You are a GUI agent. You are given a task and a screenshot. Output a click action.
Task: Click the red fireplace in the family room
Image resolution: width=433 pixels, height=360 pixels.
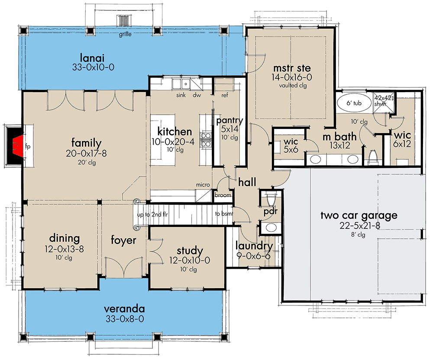(x=17, y=146)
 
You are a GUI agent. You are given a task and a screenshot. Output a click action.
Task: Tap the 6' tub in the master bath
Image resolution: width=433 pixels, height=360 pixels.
(x=354, y=103)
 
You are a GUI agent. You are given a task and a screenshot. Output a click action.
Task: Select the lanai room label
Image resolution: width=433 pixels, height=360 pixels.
(x=93, y=58)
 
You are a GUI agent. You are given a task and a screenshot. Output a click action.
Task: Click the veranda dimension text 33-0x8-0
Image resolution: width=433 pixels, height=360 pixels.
(x=124, y=319)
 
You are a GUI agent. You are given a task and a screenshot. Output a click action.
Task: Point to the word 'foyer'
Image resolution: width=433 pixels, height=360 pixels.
(x=123, y=241)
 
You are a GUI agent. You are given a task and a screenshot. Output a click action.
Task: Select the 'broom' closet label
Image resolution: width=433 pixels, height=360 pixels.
(x=223, y=196)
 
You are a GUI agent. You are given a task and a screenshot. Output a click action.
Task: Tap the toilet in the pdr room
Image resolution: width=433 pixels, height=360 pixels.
(x=271, y=199)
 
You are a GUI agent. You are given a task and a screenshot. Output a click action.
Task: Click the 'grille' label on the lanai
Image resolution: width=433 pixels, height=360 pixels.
(x=126, y=34)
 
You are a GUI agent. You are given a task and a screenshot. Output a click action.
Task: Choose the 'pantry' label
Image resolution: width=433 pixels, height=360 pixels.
(x=229, y=121)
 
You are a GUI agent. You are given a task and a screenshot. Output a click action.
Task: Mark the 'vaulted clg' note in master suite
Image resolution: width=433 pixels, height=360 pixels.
(x=293, y=86)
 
